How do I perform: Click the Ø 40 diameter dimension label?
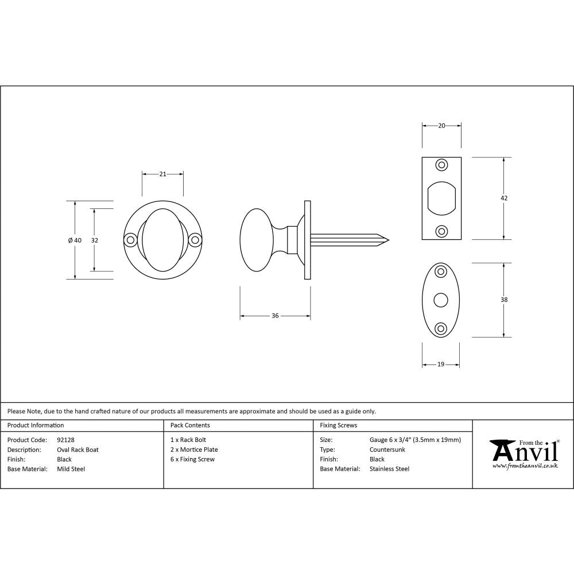(x=75, y=241)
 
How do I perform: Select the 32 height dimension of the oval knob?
(x=95, y=241)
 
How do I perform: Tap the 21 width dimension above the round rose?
(x=162, y=174)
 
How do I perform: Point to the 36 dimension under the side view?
(x=275, y=316)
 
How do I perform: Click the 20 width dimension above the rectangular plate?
(x=441, y=126)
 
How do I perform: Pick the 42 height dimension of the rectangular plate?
(x=504, y=198)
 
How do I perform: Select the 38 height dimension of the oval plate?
(x=504, y=300)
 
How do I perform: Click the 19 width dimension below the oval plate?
(x=441, y=364)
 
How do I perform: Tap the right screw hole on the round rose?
(x=195, y=240)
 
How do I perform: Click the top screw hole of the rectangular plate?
(x=441, y=165)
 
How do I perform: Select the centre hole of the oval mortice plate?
(x=441, y=300)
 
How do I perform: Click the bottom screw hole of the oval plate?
(x=441, y=328)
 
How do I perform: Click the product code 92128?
(x=66, y=440)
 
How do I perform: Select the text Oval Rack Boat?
(x=77, y=449)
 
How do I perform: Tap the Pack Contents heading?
(x=190, y=425)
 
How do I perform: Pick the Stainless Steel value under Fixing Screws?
(x=389, y=469)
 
